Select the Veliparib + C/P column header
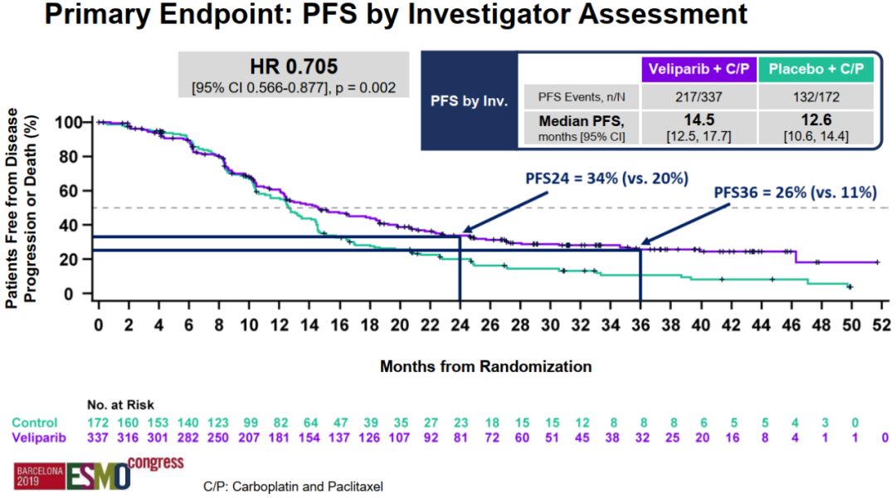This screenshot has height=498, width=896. pyautogui.click(x=699, y=68)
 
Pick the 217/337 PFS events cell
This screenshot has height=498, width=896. pyautogui.click(x=699, y=96)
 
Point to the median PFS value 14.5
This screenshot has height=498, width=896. pyautogui.click(x=699, y=119)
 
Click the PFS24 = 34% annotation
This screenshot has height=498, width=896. pyautogui.click(x=606, y=178)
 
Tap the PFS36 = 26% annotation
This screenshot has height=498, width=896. pyautogui.click(x=795, y=193)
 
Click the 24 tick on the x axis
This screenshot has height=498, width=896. pyautogui.click(x=459, y=324)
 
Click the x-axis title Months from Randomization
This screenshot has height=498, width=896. pyautogui.click(x=485, y=366)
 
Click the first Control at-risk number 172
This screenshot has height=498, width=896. pyautogui.click(x=99, y=422)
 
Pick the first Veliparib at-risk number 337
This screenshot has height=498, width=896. pyautogui.click(x=99, y=437)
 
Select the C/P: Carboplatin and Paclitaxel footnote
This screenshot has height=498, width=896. pyautogui.click(x=293, y=485)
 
